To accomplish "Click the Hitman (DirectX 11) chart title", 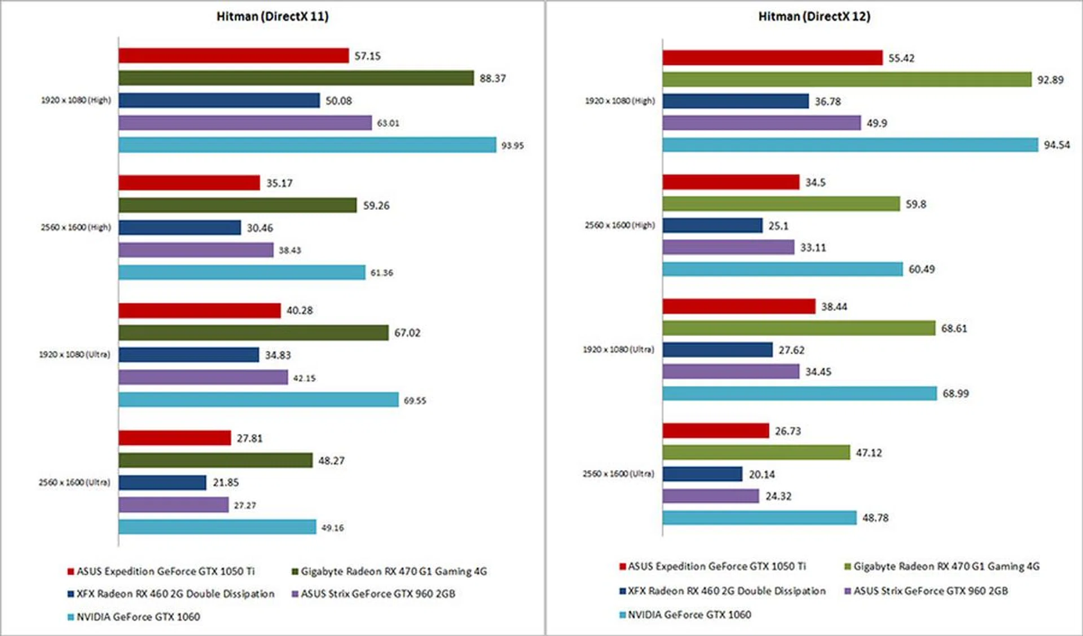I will [272, 16].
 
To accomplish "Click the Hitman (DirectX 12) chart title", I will [814, 16].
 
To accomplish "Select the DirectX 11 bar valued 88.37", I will [296, 78].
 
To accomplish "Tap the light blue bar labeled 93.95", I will [307, 145].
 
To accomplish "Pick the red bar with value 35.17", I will [189, 183].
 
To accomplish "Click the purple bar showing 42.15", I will [203, 377].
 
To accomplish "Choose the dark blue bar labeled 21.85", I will [162, 483].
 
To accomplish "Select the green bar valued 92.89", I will [847, 79].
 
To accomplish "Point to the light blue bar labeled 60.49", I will [782, 269].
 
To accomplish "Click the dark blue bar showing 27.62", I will [717, 350].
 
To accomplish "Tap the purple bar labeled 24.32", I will [711, 496].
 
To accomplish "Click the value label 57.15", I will [367, 56].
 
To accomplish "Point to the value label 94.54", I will [1056, 145].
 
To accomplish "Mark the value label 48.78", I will [875, 518].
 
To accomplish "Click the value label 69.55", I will [415, 400].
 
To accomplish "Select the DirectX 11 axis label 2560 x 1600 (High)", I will [76, 227].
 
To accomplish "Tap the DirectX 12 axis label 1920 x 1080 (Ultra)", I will [618, 350].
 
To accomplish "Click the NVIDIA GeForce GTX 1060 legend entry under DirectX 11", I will [138, 617].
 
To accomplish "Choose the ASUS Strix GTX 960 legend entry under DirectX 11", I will [377, 594].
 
